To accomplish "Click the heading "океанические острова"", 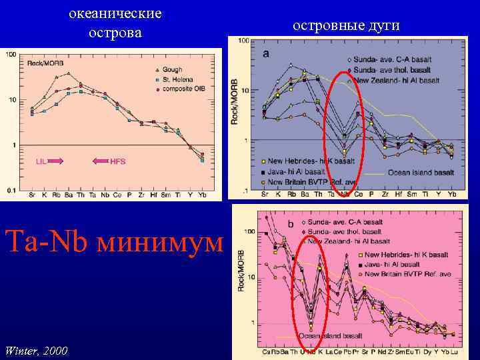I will click(x=115, y=23).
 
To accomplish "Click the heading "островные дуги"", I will click(x=345, y=25).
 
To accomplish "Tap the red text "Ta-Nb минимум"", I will click(x=113, y=241).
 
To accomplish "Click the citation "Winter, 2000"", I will click(x=35, y=349).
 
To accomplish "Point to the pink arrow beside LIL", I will click(x=55, y=161).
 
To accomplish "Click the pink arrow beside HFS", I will click(x=100, y=161).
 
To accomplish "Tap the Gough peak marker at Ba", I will click(x=68, y=74).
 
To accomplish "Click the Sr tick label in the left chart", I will click(x=32, y=195).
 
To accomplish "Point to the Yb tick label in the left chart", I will click(x=201, y=195).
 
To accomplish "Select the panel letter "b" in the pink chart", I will click(x=289, y=223).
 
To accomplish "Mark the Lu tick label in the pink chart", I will click(x=453, y=351).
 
